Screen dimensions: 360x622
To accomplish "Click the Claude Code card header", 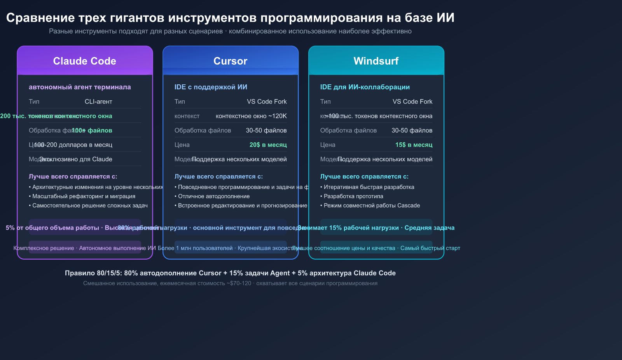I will pos(85,61).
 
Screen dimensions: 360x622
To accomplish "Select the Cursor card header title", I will pos(230,61).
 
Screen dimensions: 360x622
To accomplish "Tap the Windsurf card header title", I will pos(376,61).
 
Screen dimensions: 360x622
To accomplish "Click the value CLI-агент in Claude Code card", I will pos(98,101).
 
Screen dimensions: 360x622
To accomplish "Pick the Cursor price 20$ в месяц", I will pos(268,145).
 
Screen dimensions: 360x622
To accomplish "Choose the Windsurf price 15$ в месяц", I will pos(414,145).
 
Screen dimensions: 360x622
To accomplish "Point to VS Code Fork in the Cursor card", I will pos(267,101).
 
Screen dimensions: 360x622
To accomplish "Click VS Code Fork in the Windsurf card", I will pos(412,101).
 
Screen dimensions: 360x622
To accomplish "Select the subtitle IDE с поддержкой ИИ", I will pos(211,87).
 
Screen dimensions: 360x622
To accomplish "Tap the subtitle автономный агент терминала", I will pos(80,87).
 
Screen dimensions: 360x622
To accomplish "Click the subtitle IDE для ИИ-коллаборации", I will pos(365,87).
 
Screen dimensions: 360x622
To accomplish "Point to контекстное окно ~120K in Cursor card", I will pos(251,116).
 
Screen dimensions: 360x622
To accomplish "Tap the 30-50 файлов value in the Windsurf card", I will pos(412,130).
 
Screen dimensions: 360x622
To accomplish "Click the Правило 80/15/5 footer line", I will pos(230,273).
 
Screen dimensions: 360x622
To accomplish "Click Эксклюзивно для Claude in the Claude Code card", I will pos(76,159).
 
